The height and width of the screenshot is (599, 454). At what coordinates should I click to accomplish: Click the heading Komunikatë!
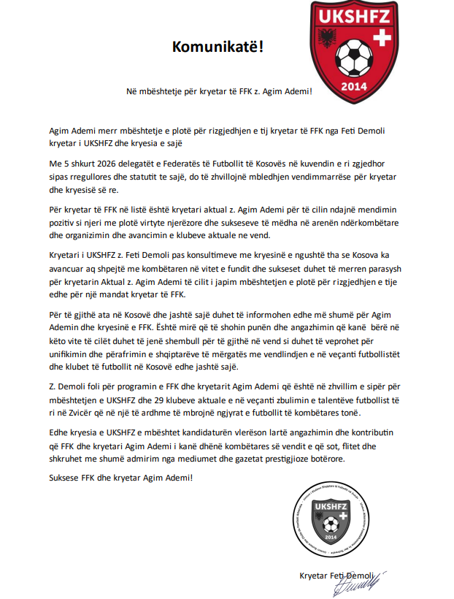point(218,47)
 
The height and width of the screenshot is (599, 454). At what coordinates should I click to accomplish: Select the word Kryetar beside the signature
point(315,575)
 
